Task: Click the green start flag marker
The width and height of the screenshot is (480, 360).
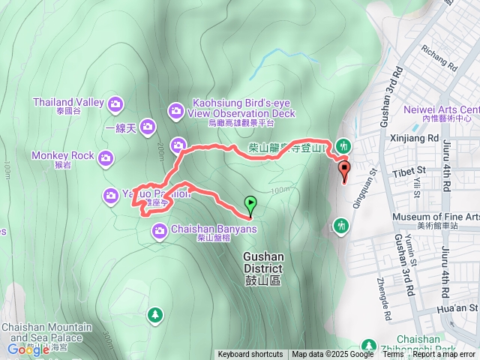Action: (x=250, y=202)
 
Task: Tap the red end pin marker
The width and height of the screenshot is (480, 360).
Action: (x=344, y=171)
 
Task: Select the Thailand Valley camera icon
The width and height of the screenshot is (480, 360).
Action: (x=115, y=103)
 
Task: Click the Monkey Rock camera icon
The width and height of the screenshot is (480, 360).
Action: (x=106, y=157)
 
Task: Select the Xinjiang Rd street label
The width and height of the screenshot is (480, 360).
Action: (x=415, y=139)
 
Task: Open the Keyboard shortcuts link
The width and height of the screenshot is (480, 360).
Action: (x=250, y=355)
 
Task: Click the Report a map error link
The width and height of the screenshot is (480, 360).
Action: (x=444, y=355)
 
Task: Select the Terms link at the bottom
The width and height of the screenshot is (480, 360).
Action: (x=393, y=355)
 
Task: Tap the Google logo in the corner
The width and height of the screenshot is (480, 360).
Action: (x=28, y=349)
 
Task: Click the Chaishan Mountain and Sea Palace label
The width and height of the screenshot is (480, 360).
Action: (x=46, y=333)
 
